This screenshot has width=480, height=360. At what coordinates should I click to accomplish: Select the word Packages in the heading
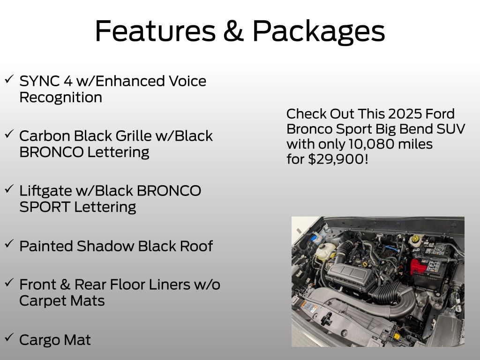tap(318, 32)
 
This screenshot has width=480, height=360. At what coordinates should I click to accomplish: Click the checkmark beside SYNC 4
tap(9, 79)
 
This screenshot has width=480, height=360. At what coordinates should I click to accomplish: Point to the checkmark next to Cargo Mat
tap(9, 337)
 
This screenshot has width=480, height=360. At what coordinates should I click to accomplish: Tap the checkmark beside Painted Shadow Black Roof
tap(9, 244)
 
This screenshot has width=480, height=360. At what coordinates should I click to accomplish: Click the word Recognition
tap(60, 98)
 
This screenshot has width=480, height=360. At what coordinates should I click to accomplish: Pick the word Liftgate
tap(45, 191)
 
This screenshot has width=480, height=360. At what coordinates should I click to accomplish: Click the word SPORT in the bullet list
tap(45, 207)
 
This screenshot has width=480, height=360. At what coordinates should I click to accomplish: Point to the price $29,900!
tap(338, 159)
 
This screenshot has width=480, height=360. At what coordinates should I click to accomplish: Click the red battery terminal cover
tap(418, 266)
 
